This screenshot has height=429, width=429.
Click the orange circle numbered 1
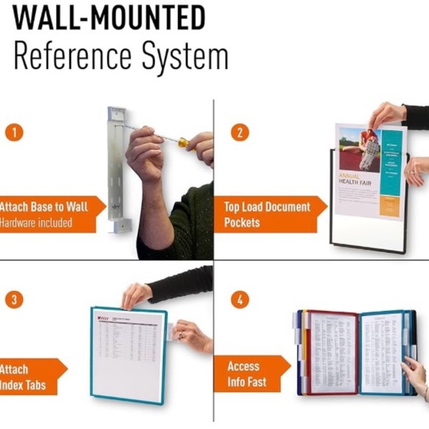coord(14,132)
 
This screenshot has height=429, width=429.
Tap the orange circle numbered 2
coord(239,132)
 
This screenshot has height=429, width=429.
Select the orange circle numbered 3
coord(14,300)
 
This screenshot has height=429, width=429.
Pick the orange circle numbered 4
coord(239,300)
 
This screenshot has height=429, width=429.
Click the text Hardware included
coord(37,223)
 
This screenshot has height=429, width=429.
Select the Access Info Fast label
coord(244,374)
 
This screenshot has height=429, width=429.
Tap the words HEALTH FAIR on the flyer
coord(360,181)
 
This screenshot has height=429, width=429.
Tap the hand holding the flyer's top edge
coord(388,115)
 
